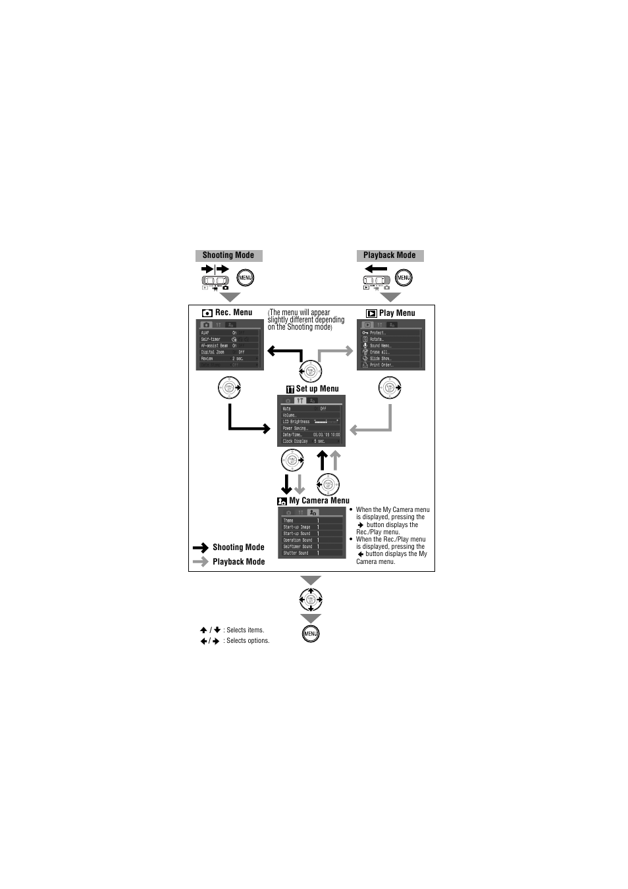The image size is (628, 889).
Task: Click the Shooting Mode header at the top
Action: [x=228, y=255]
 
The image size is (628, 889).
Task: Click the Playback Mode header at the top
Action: [x=390, y=255]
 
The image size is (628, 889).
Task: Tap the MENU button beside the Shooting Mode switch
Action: [x=245, y=278]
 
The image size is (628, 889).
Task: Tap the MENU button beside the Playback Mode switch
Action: [x=404, y=278]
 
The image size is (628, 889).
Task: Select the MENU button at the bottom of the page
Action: [x=311, y=634]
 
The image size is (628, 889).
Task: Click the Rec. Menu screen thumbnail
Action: [x=230, y=345]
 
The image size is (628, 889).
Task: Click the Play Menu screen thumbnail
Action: [x=391, y=345]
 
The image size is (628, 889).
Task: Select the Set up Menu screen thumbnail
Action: [x=311, y=421]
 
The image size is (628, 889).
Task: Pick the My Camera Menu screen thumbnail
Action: [x=311, y=533]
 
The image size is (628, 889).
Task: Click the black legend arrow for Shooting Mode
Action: [x=201, y=547]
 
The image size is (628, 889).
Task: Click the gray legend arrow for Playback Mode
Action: [x=201, y=562]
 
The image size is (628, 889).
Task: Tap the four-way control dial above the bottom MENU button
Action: [x=311, y=599]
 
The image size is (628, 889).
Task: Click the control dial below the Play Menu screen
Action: [x=390, y=388]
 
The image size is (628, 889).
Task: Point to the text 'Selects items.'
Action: [x=245, y=630]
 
